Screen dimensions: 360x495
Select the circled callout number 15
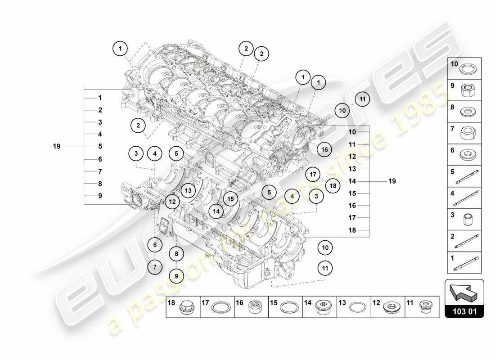coord(230,198)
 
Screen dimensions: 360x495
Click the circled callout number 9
coord(176,275)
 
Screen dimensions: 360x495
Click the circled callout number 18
coord(333,185)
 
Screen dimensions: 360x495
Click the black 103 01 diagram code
coord(464,311)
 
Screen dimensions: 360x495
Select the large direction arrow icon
coord(464,293)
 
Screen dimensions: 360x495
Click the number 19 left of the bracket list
coord(57,146)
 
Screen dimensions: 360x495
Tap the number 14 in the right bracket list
coord(352,181)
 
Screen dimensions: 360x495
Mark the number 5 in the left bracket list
coord(100,146)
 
